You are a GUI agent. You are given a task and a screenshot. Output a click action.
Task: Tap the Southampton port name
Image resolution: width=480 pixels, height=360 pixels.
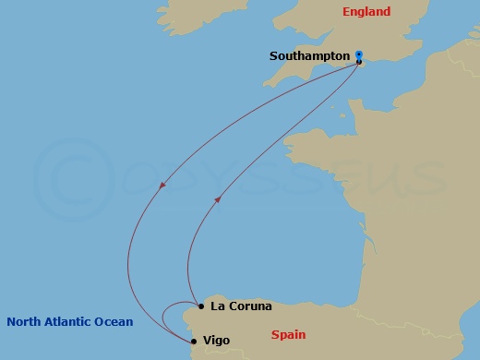(309, 56)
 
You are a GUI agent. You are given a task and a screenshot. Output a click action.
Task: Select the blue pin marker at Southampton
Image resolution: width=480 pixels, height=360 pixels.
(359, 55)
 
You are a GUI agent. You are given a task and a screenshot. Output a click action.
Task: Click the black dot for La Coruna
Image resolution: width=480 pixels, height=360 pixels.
(200, 306)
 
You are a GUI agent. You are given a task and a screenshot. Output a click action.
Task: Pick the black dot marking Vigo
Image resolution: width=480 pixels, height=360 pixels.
(193, 341)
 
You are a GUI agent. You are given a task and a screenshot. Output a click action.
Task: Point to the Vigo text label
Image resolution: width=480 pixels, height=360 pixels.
(215, 341)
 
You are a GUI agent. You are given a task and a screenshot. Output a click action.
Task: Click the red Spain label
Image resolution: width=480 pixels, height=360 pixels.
(287, 335)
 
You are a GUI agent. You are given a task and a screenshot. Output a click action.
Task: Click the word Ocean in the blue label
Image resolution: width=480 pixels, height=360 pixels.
(116, 322)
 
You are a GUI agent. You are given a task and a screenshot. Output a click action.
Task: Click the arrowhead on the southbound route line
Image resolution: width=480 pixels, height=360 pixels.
(162, 186)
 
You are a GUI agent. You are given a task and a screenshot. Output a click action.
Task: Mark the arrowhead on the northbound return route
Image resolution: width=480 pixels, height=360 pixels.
(218, 198)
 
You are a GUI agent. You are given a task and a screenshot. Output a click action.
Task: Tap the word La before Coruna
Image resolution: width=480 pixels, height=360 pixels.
(217, 306)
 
